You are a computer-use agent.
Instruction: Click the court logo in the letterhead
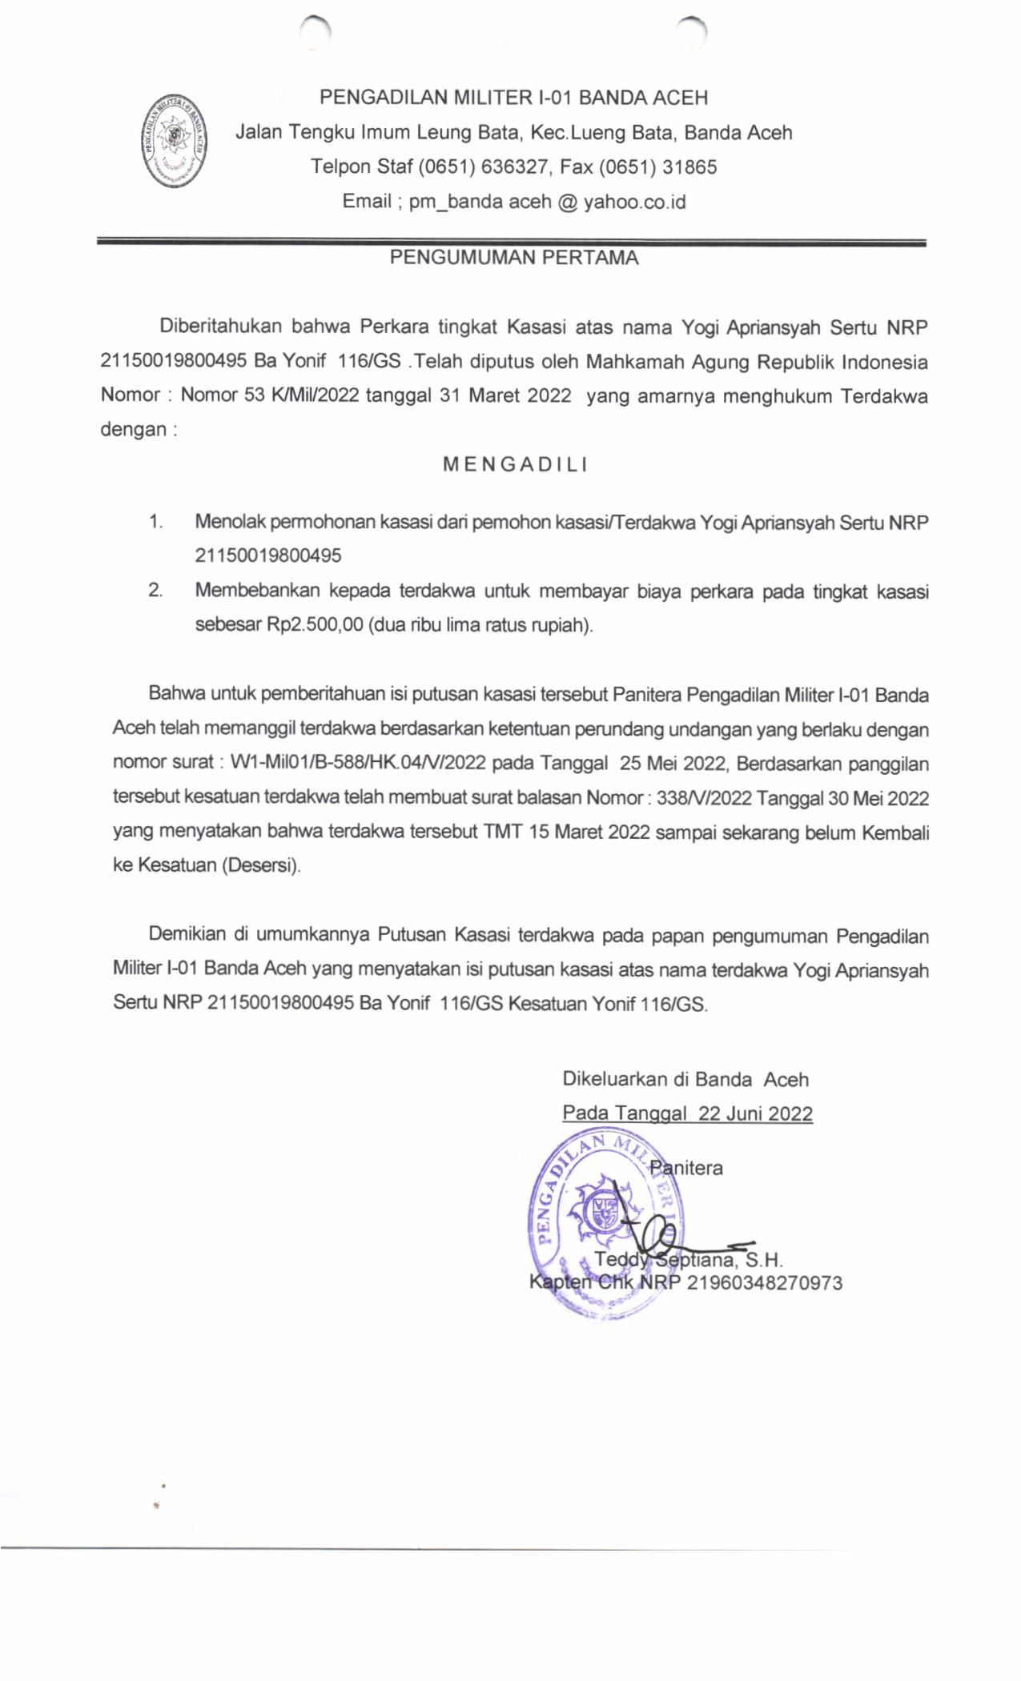coord(173,140)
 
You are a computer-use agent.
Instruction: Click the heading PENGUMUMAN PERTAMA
coord(514,258)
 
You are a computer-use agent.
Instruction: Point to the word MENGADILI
coord(515,464)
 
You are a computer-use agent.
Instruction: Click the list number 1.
coord(155,522)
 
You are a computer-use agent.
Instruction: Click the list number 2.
coord(155,591)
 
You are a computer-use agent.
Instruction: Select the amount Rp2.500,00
coord(315,624)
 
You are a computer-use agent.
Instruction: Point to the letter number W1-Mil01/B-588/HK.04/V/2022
coord(358,763)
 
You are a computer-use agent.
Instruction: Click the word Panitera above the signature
coord(687,1168)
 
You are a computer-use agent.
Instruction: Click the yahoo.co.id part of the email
coord(634,201)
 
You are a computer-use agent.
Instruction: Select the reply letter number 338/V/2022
coord(704,798)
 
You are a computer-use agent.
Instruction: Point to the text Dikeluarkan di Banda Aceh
coord(685,1079)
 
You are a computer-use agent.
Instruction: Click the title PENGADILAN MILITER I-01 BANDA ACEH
coord(513,98)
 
